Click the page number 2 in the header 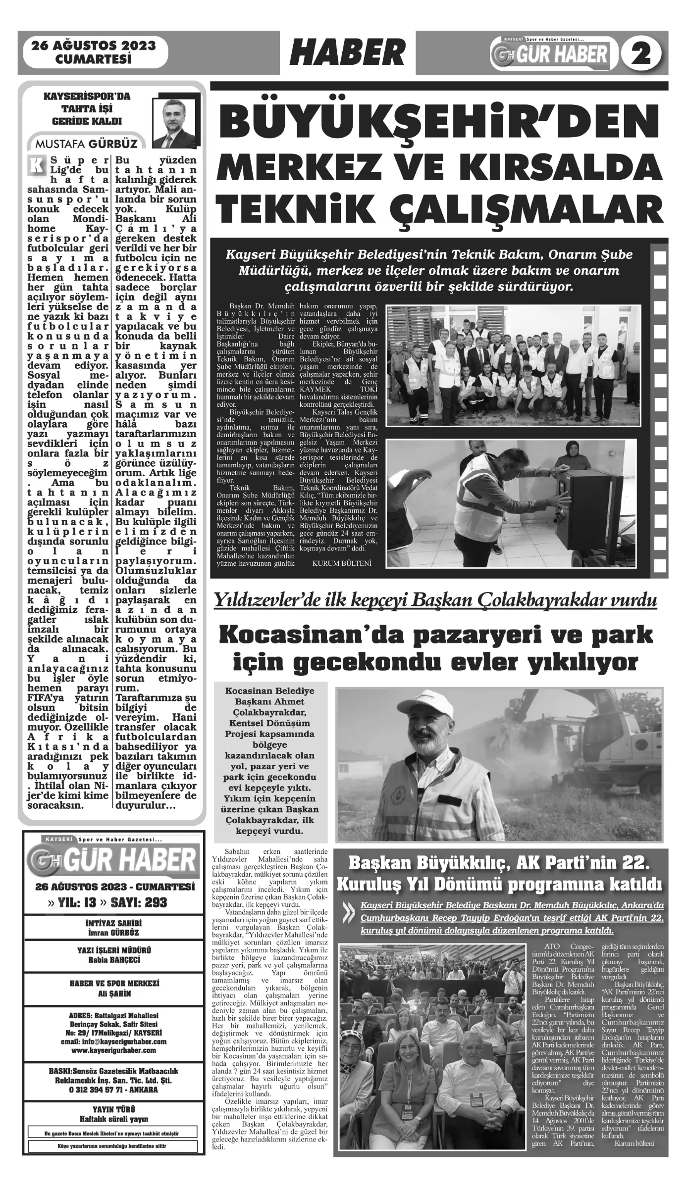[x=643, y=53]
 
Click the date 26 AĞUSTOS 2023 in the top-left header [x=94, y=46]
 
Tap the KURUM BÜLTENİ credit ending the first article [x=341, y=563]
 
